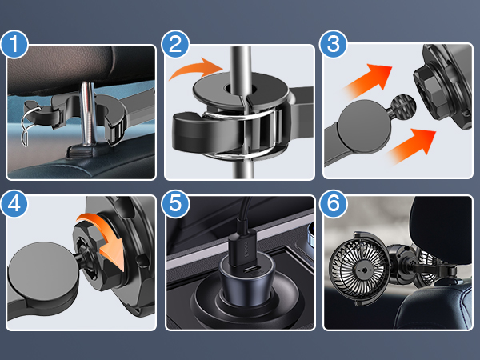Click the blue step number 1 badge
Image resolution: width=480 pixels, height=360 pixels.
pos(14,44)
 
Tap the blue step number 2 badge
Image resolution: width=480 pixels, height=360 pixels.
pos(175,44)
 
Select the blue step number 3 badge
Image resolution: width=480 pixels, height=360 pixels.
pos(333,44)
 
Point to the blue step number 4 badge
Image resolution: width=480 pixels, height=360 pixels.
pos(14,204)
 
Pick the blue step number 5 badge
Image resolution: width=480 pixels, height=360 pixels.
pos(175,204)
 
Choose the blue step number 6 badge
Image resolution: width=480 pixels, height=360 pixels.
pos(333,204)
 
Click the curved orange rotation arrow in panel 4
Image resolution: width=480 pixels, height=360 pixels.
pos(106,238)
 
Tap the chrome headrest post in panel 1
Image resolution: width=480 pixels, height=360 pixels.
pos(88,114)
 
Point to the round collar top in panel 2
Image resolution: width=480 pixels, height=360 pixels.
pos(241,89)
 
